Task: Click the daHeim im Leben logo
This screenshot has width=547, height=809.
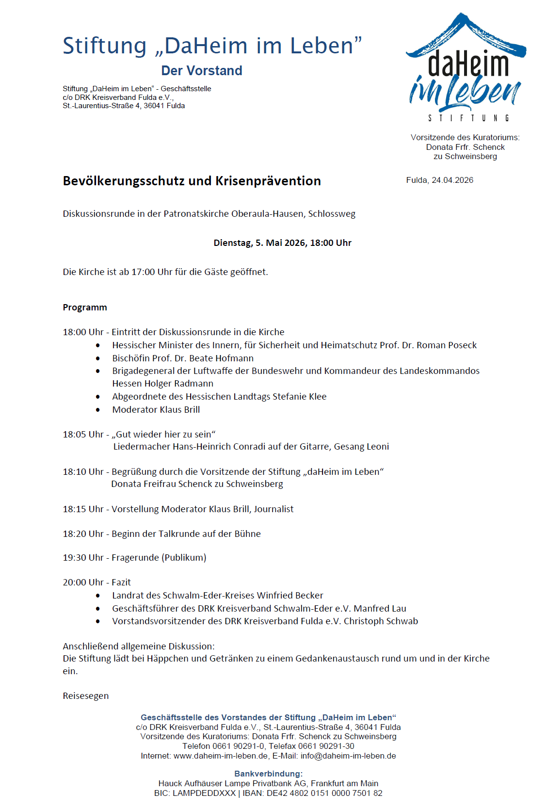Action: pos(466,68)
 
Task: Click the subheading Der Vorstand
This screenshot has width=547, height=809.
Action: pos(202,71)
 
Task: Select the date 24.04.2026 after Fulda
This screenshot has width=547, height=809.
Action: pos(452,180)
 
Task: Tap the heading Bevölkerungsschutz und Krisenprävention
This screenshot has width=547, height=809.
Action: pos(192,181)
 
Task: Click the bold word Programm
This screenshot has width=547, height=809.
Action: pos(85,307)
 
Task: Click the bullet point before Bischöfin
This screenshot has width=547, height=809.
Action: pos(98,358)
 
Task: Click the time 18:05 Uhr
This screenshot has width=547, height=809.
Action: pos(83,435)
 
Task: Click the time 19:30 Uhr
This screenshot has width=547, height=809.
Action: pos(83,558)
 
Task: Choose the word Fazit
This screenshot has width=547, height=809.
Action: pos(121,582)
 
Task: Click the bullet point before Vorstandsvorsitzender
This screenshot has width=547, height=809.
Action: pos(98,621)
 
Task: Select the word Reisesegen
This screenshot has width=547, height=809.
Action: pos(86,696)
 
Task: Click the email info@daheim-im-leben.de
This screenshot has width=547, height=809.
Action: pos(348,756)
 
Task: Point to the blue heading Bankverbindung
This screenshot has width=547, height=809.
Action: pos(268,774)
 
